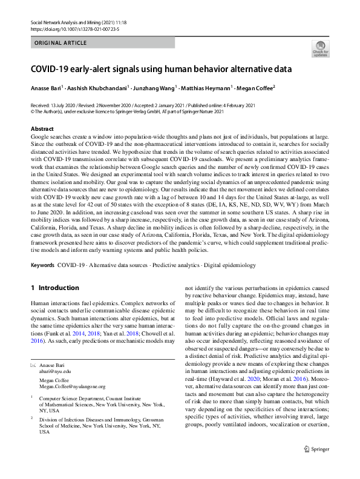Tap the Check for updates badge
pyautogui.click(x=320, y=48)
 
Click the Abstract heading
pyautogui.click(x=42, y=129)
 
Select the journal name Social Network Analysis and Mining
pyautogui.click(x=75, y=22)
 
